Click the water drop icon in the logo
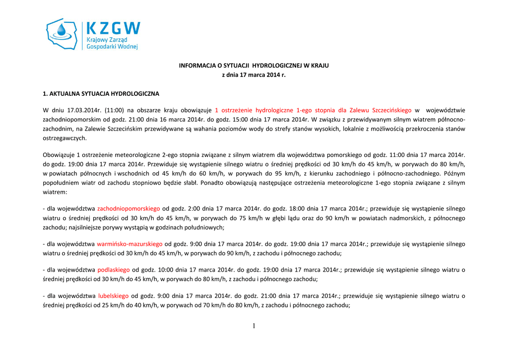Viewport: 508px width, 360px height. (62, 31)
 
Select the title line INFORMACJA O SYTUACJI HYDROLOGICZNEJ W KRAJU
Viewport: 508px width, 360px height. (254, 66)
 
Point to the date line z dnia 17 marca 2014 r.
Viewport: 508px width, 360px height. (254, 75)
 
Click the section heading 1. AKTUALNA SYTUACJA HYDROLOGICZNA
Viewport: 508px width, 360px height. (101, 93)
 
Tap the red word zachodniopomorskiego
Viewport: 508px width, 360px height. (128, 209)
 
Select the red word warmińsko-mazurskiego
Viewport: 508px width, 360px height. (129, 244)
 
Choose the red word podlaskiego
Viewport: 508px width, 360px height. (114, 270)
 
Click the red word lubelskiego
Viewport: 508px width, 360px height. (113, 296)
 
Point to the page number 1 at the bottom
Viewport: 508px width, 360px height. (254, 326)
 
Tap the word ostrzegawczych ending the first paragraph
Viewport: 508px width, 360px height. (65, 138)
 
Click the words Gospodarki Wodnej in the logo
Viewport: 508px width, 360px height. (112, 47)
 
